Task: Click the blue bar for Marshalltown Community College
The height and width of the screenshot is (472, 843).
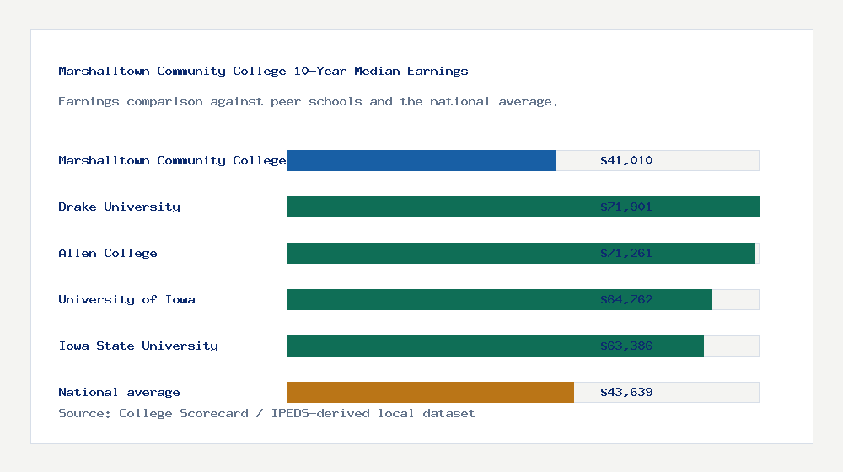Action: coord(421,160)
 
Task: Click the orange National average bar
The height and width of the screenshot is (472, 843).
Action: coord(430,392)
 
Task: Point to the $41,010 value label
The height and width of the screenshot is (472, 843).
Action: coord(626,160)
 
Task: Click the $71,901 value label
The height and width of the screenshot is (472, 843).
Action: coord(626,206)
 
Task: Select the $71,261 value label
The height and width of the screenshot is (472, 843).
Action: coord(626,253)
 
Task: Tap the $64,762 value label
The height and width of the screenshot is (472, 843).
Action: coord(626,299)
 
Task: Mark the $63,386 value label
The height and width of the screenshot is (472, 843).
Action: coord(626,346)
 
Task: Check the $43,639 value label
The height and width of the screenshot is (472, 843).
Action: coord(626,392)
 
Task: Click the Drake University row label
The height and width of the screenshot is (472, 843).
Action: coord(119,206)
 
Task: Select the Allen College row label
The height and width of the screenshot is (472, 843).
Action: coord(108,253)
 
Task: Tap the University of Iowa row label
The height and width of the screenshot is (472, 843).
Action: coord(126,299)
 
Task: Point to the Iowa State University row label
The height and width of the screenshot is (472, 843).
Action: coord(138,346)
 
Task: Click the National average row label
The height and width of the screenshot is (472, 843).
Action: coord(119,392)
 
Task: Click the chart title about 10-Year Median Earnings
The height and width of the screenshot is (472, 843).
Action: coord(263,71)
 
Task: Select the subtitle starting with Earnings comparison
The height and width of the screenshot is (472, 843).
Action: coord(309,101)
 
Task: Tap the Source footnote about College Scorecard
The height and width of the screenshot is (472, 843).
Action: coord(266,413)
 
